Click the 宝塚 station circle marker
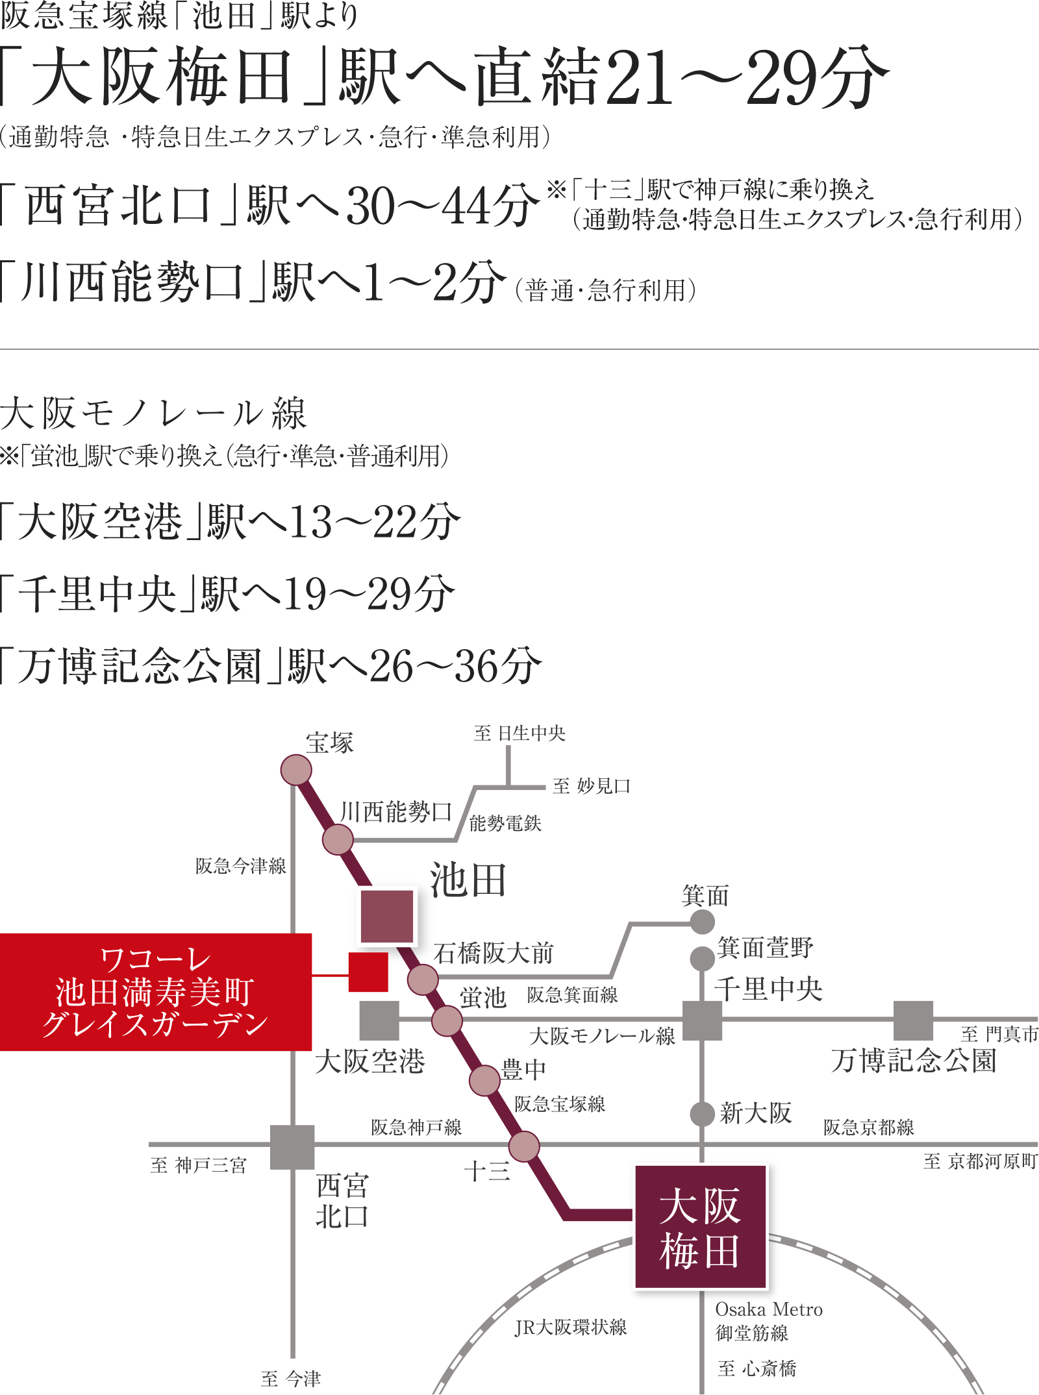point(296,769)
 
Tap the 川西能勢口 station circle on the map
point(338,839)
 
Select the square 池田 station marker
point(386,916)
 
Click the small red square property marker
point(368,972)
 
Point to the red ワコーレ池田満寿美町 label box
point(156,992)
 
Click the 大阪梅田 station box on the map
point(700,1228)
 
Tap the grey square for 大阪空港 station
point(379,1020)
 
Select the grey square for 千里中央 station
point(703,1020)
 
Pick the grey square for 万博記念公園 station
point(914,1020)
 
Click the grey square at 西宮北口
point(293,1147)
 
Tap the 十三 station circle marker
point(524,1146)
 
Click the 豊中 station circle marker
point(484,1080)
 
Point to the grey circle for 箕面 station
point(703,922)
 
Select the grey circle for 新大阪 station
point(703,1114)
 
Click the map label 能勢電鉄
point(506,824)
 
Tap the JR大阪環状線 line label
point(571,1327)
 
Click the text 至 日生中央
point(519,734)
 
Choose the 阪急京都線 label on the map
point(869,1128)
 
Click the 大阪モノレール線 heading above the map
point(154,414)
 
